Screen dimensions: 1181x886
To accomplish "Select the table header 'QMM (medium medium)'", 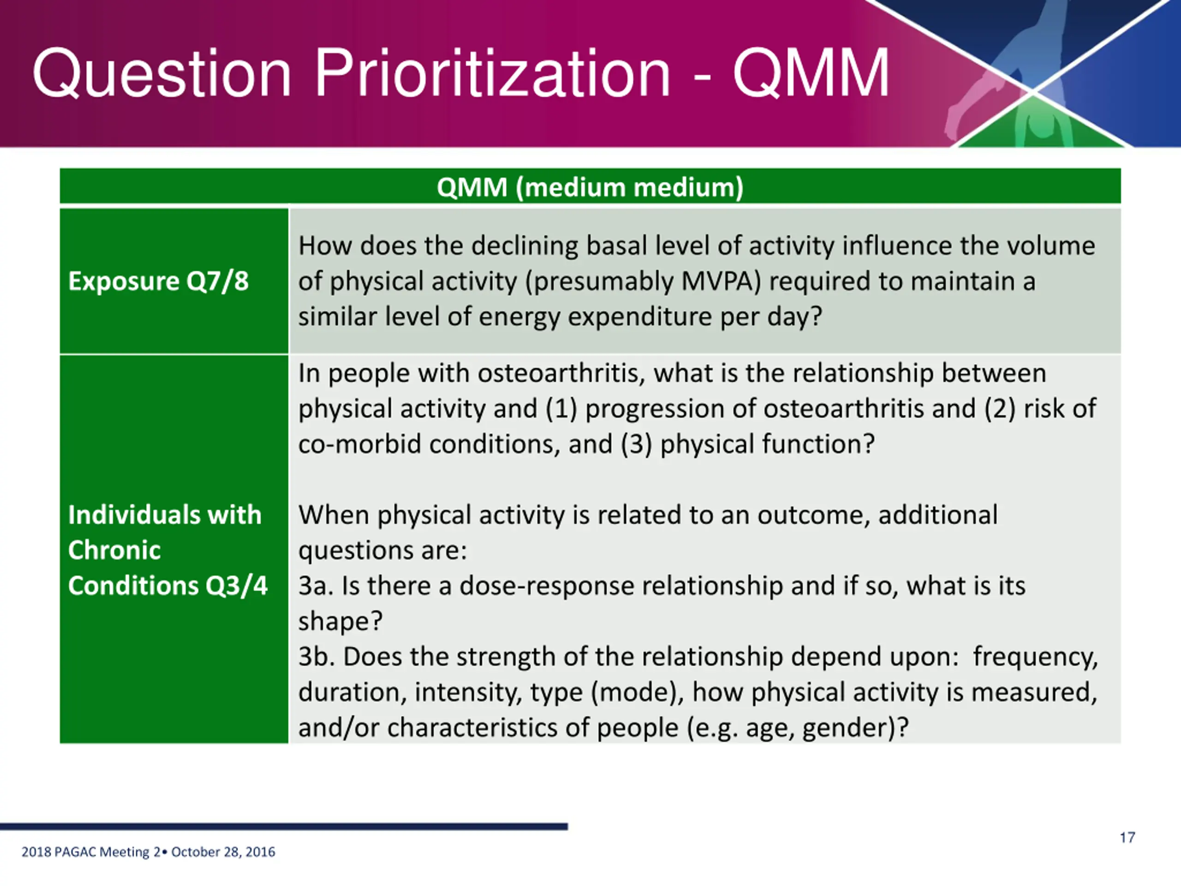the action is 590,187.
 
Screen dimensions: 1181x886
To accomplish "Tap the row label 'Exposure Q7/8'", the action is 159,281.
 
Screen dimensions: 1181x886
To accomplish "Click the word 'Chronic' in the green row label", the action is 114,550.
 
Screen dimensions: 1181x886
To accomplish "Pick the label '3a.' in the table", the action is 316,586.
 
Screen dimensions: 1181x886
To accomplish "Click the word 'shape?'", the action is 340,622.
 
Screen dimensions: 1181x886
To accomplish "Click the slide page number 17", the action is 1127,838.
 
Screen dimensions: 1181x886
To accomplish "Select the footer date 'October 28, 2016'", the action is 223,852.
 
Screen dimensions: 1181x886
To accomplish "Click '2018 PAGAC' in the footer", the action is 59,852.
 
